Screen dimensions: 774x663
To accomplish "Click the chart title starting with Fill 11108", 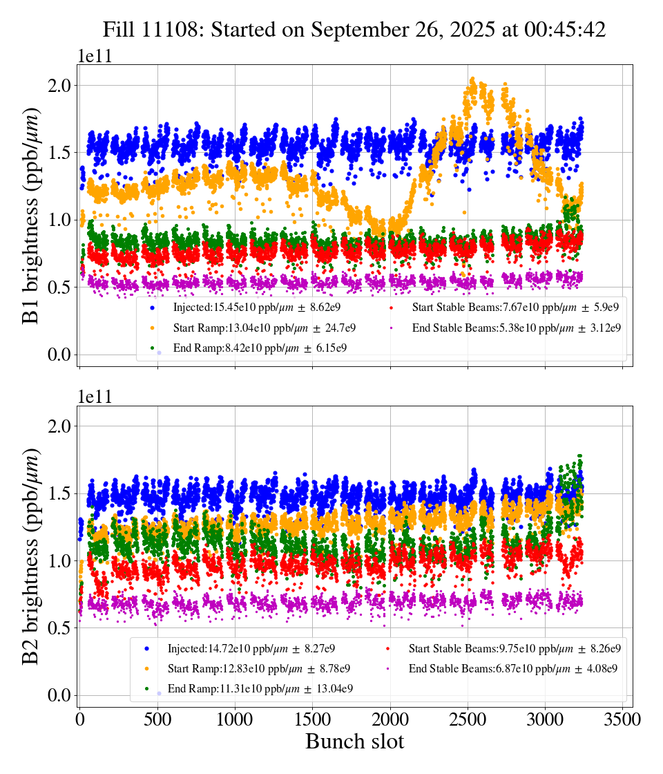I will [x=354, y=30].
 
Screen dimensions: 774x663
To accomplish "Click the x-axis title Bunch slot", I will [x=354, y=742].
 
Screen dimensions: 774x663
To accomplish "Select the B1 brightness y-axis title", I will [x=31, y=216].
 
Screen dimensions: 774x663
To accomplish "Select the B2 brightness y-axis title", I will [x=31, y=556].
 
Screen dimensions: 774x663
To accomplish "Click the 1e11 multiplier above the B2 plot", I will [x=95, y=397].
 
